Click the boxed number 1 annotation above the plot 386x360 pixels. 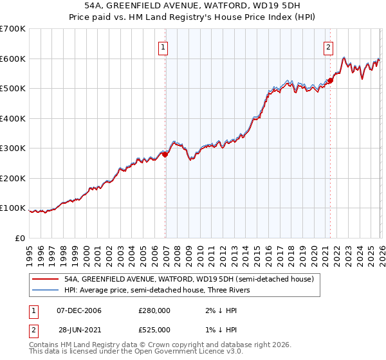(x=163, y=47)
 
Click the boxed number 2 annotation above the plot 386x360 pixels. (x=328, y=47)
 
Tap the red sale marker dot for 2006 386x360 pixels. (x=165, y=154)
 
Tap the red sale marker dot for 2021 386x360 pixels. (x=330, y=80)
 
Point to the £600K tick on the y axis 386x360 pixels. (x=13, y=59)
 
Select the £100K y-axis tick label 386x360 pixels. (x=13, y=208)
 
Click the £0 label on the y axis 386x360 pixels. (x=19, y=238)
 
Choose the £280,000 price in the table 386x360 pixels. (x=154, y=310)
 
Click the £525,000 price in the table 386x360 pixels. (x=154, y=330)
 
